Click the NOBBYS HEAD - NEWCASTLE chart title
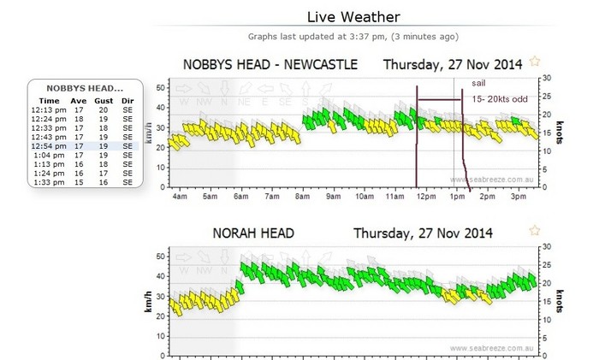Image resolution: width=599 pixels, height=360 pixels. click(x=271, y=64)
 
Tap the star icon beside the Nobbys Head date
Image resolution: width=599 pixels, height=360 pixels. click(x=536, y=62)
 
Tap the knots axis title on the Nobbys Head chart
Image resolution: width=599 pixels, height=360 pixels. click(x=558, y=130)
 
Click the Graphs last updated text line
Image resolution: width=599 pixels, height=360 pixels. click(x=353, y=37)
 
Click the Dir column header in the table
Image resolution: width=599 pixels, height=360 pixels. click(x=128, y=100)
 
